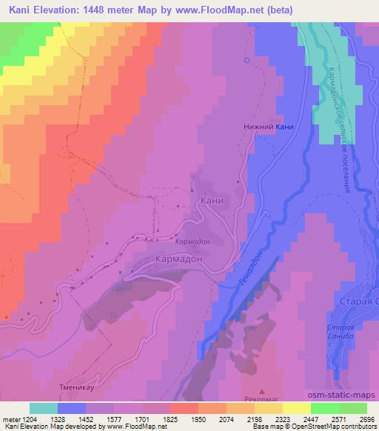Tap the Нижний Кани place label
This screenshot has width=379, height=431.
coord(269,127)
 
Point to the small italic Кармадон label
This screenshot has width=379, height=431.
coord(192,242)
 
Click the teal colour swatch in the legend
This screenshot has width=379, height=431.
coord(44,408)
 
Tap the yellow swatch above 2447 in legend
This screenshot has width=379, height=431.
coord(297,408)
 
